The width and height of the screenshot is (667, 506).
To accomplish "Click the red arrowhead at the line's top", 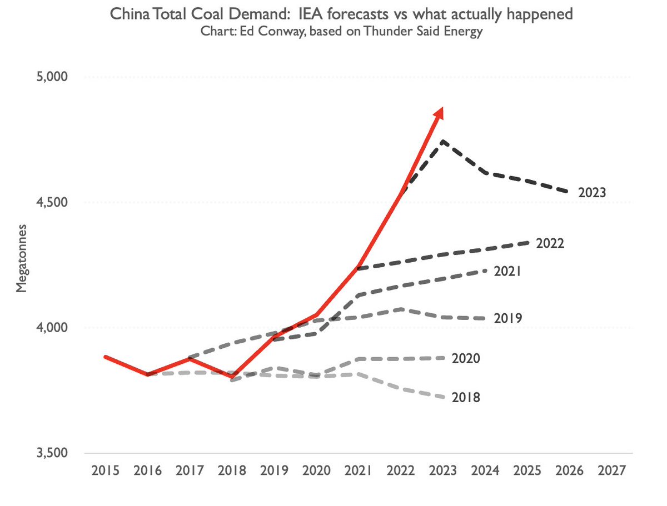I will click(439, 113).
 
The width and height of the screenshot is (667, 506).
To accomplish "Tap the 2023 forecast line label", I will click(591, 193).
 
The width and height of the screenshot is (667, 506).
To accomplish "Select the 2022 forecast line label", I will click(550, 243).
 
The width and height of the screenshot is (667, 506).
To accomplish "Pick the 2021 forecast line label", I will click(507, 271).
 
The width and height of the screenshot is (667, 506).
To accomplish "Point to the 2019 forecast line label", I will click(507, 318).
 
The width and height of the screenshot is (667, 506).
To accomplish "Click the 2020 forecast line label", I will click(466, 358).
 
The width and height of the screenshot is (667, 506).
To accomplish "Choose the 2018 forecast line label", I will click(466, 398).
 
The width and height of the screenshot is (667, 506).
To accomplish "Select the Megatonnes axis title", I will click(21, 258).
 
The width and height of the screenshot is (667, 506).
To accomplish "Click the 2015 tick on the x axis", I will click(105, 471).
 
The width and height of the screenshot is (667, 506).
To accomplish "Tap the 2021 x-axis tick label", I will click(358, 471).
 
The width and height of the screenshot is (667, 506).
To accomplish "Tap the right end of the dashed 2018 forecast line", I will click(442, 397).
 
